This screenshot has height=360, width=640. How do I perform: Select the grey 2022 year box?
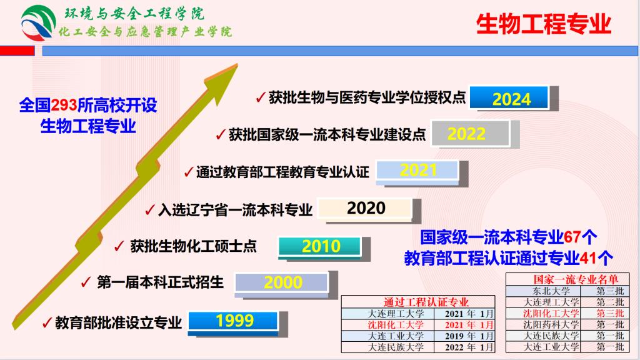[x=471, y=134]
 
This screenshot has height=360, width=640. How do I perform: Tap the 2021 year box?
[x=417, y=171]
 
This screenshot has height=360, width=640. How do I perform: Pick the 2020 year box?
[x=366, y=209]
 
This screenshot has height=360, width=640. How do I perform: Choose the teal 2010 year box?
[x=320, y=246]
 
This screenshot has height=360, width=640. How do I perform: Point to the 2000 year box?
[x=282, y=282]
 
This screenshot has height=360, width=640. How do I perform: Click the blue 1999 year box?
[x=233, y=321]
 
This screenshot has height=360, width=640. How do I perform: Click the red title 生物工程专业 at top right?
[x=543, y=24]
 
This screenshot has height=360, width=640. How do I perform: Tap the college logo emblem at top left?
[x=37, y=23]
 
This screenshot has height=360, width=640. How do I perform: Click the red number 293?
[x=64, y=105]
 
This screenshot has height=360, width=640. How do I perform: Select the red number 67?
[x=572, y=237]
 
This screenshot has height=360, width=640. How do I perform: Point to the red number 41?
[x=587, y=258]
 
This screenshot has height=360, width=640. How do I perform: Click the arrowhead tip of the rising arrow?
[x=237, y=64]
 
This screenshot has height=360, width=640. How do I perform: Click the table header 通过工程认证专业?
[x=426, y=302]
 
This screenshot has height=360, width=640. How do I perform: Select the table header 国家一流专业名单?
[x=575, y=279]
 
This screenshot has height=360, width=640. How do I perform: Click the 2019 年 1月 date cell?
[x=464, y=336]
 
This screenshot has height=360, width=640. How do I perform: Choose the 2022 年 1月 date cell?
[x=464, y=347]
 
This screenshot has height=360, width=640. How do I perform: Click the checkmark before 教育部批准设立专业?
[x=47, y=323]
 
